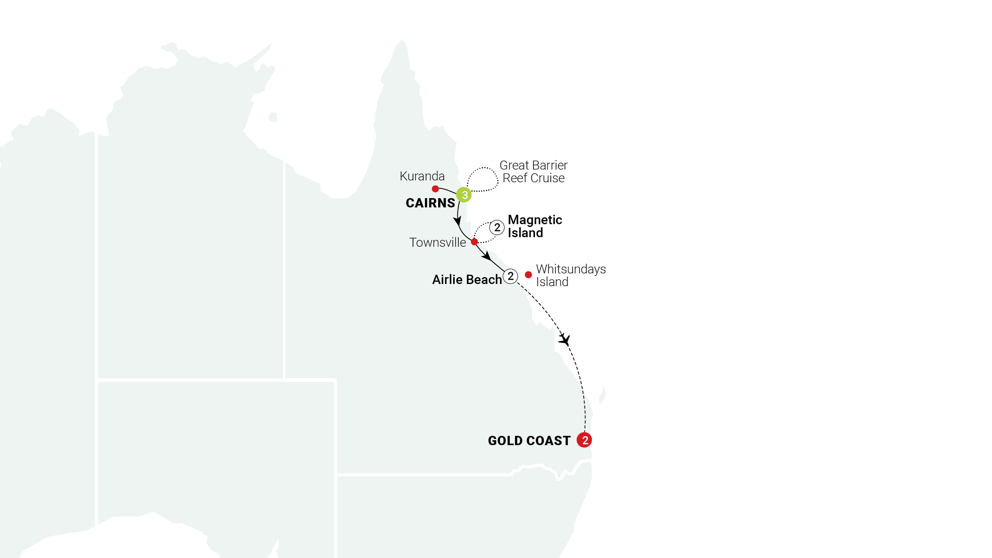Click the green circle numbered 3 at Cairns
(464, 195)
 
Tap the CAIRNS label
(430, 203)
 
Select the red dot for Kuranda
(435, 189)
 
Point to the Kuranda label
(422, 176)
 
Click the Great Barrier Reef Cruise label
(534, 172)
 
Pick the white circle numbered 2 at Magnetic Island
(497, 228)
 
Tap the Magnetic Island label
(535, 226)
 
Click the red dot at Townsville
(475, 242)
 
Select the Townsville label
(437, 243)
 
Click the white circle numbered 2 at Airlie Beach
(511, 276)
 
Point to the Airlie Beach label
(467, 280)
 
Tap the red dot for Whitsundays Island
(529, 274)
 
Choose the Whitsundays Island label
(570, 275)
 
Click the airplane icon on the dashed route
(565, 339)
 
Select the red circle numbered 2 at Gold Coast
(584, 440)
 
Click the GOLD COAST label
(529, 441)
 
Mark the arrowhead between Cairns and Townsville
(457, 222)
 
